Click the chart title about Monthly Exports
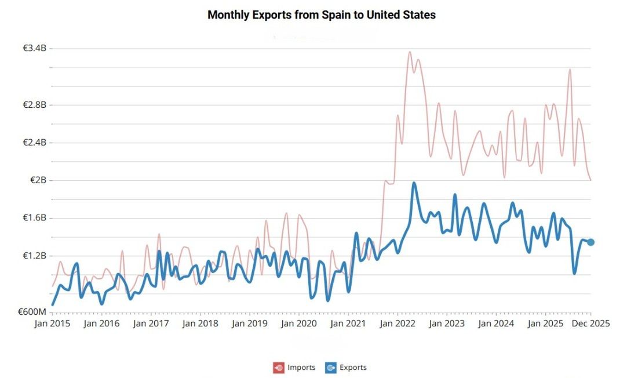pyautogui.click(x=321, y=15)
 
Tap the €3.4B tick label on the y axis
pyautogui.click(x=34, y=49)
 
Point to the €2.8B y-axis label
pyautogui.click(x=34, y=105)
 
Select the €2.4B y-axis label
pyautogui.click(x=34, y=143)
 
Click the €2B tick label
pyautogui.click(x=38, y=180)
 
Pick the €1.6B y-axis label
pyautogui.click(x=34, y=218)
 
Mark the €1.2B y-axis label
pyautogui.click(x=34, y=256)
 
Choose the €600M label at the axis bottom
pyautogui.click(x=32, y=312)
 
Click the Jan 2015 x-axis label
pyautogui.click(x=52, y=324)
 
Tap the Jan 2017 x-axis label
pyautogui.click(x=151, y=324)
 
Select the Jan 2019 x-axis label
pyautogui.click(x=250, y=324)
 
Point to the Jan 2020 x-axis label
pyautogui.click(x=299, y=324)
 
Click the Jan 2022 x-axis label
pyautogui.click(x=398, y=324)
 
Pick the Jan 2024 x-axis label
pyautogui.click(x=496, y=324)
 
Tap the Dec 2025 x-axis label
pyautogui.click(x=590, y=324)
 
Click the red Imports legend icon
pyautogui.click(x=279, y=368)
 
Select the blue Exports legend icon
pyautogui.click(x=331, y=368)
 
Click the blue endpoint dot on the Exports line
pyautogui.click(x=590, y=242)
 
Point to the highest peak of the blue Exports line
pyautogui.click(x=414, y=183)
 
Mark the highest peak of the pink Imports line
pyautogui.click(x=410, y=52)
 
